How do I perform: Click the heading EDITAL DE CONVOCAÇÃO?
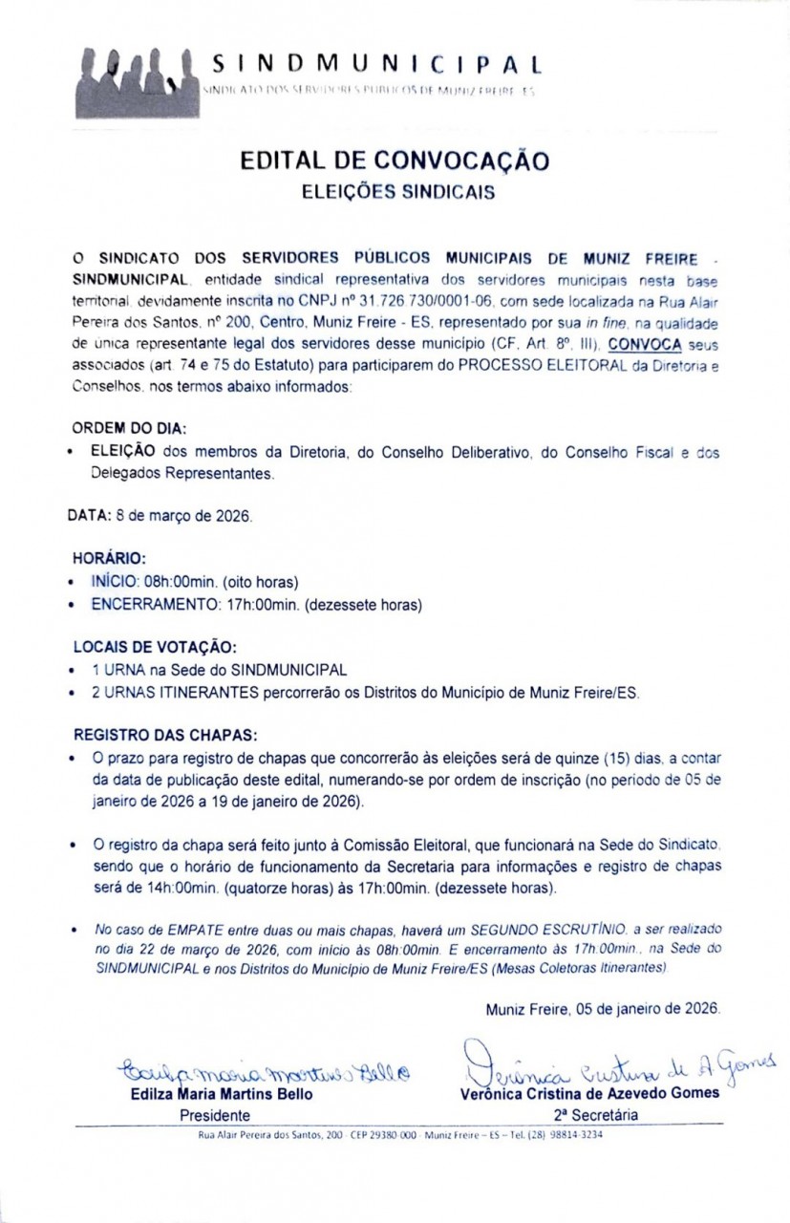pyautogui.click(x=395, y=160)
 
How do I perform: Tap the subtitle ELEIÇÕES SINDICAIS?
pyautogui.click(x=397, y=192)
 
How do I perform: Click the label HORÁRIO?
pyautogui.click(x=109, y=557)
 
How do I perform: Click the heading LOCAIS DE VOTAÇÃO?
pyautogui.click(x=155, y=646)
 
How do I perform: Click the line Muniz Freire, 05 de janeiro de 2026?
pyautogui.click(x=602, y=1009)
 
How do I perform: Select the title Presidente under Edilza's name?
pyautogui.click(x=215, y=1114)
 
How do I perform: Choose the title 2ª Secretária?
pyautogui.click(x=592, y=1114)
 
